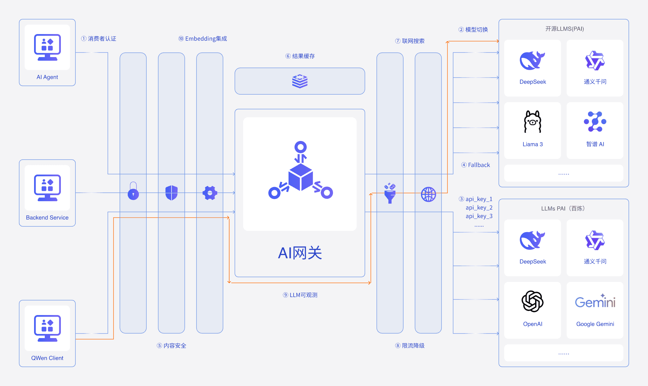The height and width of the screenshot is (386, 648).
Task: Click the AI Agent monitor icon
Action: coord(47,47)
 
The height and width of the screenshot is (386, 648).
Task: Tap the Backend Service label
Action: coord(47,218)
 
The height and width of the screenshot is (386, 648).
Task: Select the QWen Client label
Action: coord(47,358)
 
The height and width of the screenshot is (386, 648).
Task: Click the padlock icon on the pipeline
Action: coord(133,191)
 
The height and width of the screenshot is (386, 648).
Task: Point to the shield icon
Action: coord(172,193)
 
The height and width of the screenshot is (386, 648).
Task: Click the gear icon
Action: coord(210,193)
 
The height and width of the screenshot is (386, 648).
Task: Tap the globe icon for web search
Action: coord(428,194)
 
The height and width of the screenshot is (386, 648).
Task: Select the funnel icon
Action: coord(390,193)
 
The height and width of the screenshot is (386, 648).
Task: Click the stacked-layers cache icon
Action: coord(300,81)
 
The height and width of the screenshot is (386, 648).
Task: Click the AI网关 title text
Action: coord(300,253)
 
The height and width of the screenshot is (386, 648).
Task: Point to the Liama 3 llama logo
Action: coord(533,121)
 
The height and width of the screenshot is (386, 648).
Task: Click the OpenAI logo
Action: coord(533,301)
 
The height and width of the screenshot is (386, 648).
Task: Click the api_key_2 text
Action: coord(479,208)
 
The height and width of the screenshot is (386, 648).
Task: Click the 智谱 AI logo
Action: coord(595,121)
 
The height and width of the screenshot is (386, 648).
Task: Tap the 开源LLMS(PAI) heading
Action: coord(564,29)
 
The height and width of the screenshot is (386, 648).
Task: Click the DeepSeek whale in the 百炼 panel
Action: coord(533,240)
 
